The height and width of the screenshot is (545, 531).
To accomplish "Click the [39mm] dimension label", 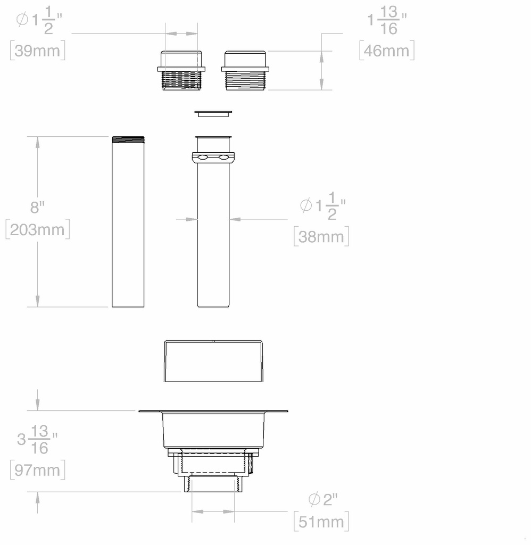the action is pyautogui.click(x=38, y=51).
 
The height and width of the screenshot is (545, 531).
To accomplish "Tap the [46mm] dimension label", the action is pyautogui.click(x=387, y=51).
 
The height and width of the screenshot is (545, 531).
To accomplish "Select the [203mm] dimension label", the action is pyautogui.click(x=38, y=229).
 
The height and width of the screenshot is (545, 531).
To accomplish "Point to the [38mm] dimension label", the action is pyautogui.click(x=321, y=236).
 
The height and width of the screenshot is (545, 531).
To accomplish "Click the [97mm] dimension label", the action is pyautogui.click(x=38, y=470).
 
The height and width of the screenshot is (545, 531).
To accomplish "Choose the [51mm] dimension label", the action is pyautogui.click(x=321, y=522).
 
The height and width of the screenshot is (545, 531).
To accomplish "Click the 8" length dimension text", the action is pyautogui.click(x=37, y=207).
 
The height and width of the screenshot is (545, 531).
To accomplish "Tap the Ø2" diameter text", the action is pyautogui.click(x=323, y=499).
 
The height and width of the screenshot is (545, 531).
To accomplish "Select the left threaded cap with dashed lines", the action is pyautogui.click(x=181, y=71).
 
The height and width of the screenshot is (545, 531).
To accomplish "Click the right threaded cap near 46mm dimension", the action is pyautogui.click(x=245, y=71).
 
